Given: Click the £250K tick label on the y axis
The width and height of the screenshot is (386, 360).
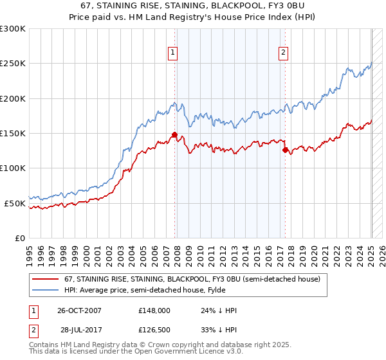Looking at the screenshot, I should click(12, 64).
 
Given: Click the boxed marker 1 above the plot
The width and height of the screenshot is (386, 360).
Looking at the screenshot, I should click(173, 53).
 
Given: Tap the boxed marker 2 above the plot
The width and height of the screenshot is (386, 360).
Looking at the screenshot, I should click(284, 53).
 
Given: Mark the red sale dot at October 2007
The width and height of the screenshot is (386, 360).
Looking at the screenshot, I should click(174, 134).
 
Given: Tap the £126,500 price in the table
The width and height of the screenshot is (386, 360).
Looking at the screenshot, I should click(154, 329).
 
